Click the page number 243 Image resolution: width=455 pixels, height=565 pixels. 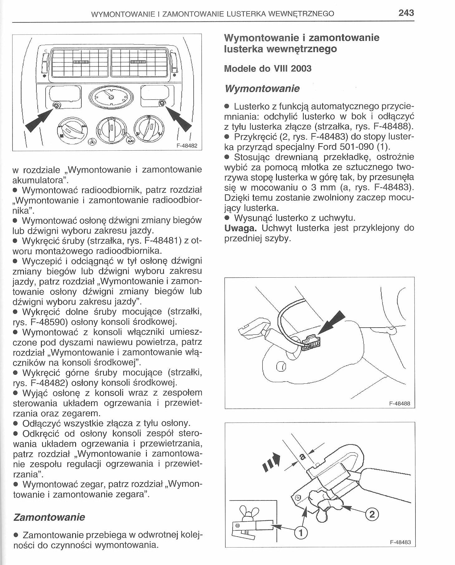click(x=406, y=13)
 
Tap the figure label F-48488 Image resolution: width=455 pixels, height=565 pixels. click(x=399, y=403)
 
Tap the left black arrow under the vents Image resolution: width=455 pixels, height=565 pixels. click(x=40, y=120)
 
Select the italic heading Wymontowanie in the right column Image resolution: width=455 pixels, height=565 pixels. click(x=262, y=89)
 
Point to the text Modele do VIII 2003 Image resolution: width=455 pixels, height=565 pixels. click(x=268, y=69)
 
